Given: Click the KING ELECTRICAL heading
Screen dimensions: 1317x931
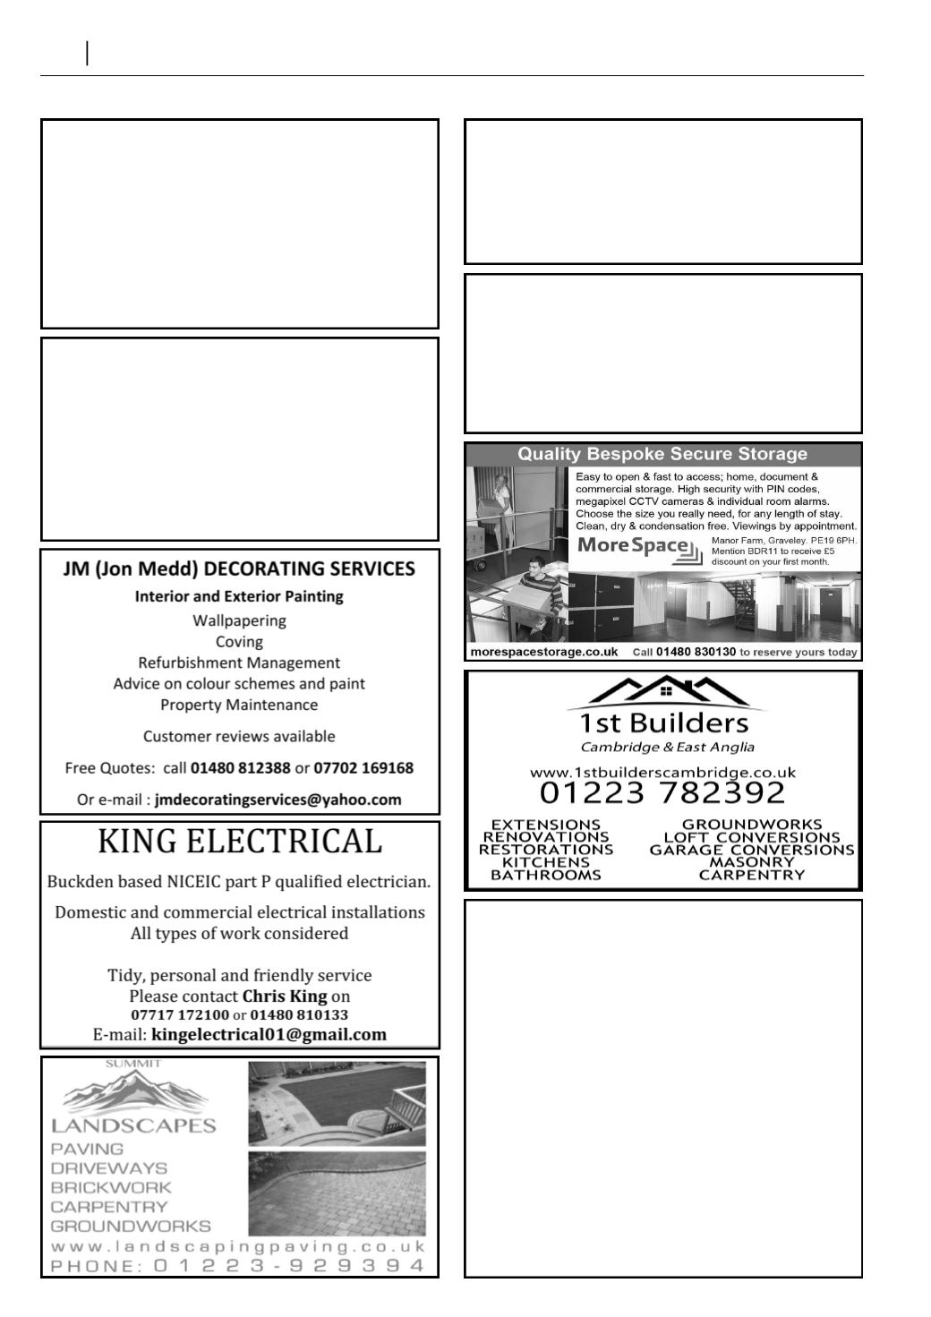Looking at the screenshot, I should pyautogui.click(x=239, y=842).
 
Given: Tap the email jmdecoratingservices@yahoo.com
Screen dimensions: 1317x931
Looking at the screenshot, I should pyautogui.click(x=278, y=800).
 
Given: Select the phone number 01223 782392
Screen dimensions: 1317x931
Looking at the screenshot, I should pyautogui.click(x=662, y=792).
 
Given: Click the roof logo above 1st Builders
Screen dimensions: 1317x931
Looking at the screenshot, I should pyautogui.click(x=662, y=691).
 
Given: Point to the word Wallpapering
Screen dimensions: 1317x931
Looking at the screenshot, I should pyautogui.click(x=239, y=620).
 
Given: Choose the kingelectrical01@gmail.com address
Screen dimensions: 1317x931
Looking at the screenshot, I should pyautogui.click(x=269, y=1035).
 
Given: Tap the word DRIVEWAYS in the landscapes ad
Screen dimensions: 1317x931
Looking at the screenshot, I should pyautogui.click(x=109, y=1168).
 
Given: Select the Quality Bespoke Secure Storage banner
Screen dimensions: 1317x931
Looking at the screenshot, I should pyautogui.click(x=662, y=455).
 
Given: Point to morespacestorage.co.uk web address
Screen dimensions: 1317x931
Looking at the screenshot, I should pyautogui.click(x=543, y=652).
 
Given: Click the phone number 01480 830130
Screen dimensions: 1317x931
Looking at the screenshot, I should pyautogui.click(x=696, y=652).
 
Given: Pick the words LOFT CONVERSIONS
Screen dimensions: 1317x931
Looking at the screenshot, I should pyautogui.click(x=752, y=837).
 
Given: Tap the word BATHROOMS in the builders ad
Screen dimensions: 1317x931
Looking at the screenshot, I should pyautogui.click(x=546, y=875).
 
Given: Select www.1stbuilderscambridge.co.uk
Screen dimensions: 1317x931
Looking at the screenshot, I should pyautogui.click(x=662, y=772).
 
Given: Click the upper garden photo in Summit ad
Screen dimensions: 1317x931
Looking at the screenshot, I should pyautogui.click(x=337, y=1104).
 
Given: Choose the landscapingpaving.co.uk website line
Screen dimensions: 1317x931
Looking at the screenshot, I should pyautogui.click(x=239, y=1246).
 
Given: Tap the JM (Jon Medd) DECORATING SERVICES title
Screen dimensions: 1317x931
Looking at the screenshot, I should pyautogui.click(x=239, y=569).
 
